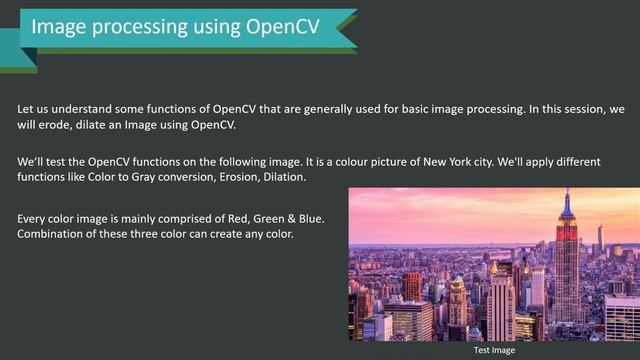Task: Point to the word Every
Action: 36,217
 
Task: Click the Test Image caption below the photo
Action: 494,350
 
